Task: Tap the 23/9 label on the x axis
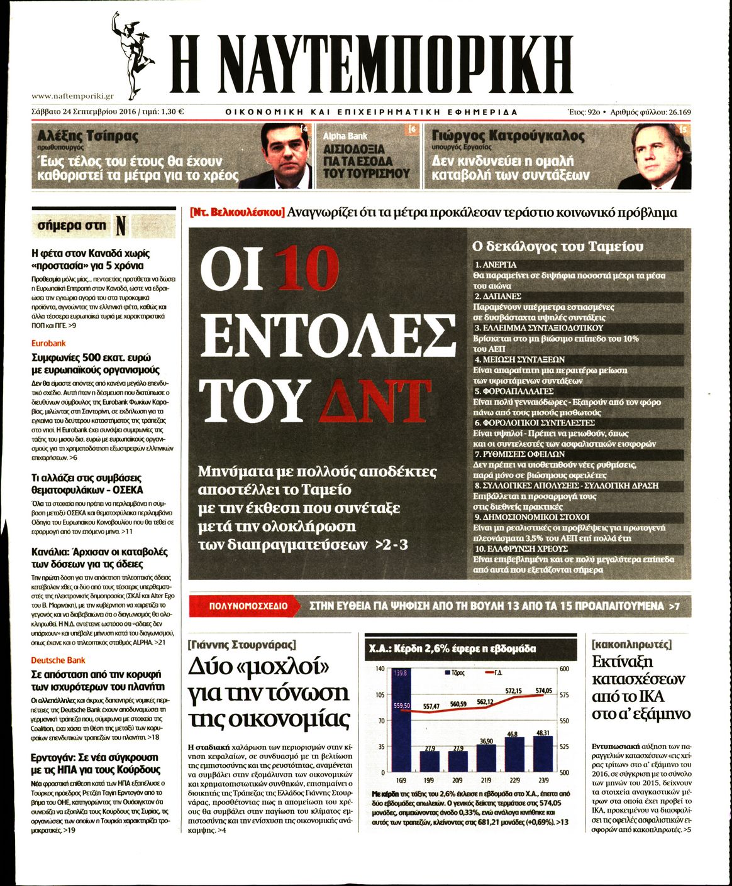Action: [x=543, y=780]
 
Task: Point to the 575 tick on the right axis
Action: [x=564, y=694]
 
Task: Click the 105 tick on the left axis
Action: [x=380, y=694]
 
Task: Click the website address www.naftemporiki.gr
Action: [x=72, y=96]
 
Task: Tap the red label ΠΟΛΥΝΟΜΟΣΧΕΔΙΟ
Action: [x=248, y=606]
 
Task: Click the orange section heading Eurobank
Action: [x=48, y=344]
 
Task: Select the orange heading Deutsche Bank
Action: [x=58, y=660]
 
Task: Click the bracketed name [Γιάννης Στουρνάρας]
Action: [x=241, y=645]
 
